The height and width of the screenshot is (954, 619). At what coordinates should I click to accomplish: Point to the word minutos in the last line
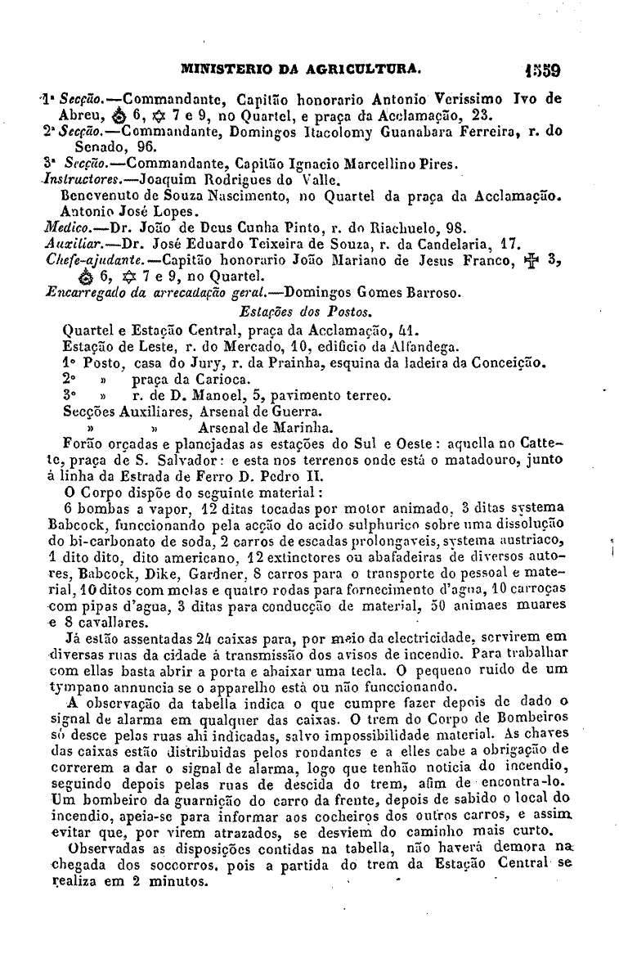pos(183,882)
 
